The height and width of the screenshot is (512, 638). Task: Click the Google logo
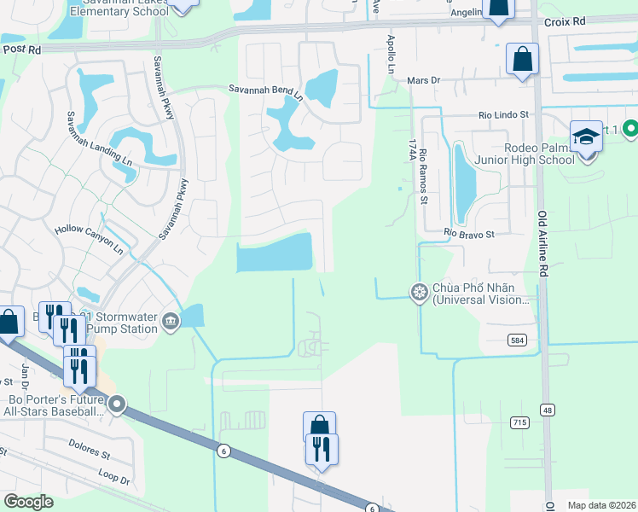point(28,502)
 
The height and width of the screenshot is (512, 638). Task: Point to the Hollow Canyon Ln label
point(89,229)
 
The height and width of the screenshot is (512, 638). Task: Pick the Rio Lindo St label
point(503,113)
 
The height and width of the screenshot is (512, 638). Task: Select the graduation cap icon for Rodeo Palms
point(586,137)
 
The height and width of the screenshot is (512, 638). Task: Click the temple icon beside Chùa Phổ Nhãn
point(420,293)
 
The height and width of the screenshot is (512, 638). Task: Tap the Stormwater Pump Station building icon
point(171,321)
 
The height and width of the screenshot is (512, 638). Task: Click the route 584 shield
point(518,340)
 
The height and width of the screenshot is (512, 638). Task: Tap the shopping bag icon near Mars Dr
point(522,60)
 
